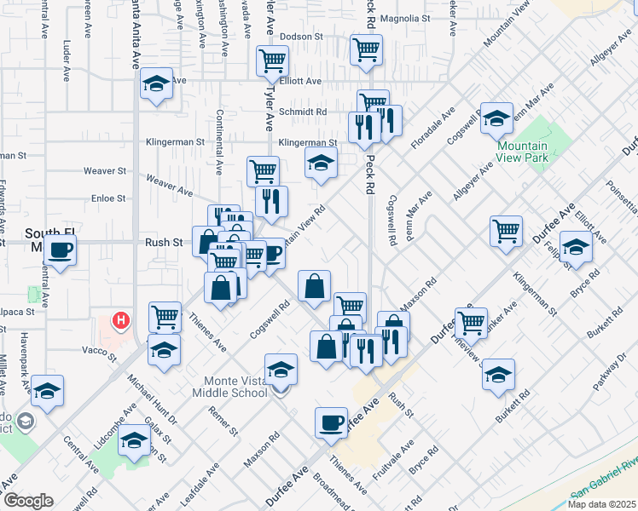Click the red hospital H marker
122,321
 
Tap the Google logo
28,501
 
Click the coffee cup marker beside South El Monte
61,251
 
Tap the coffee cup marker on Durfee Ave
331,422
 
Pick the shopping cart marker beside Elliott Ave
272,61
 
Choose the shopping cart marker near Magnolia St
366,49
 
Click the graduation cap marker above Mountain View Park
496,119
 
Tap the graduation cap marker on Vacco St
164,350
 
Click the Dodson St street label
304,37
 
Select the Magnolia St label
406,18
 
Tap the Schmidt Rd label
303,112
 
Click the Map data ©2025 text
602,503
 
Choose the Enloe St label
109,198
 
